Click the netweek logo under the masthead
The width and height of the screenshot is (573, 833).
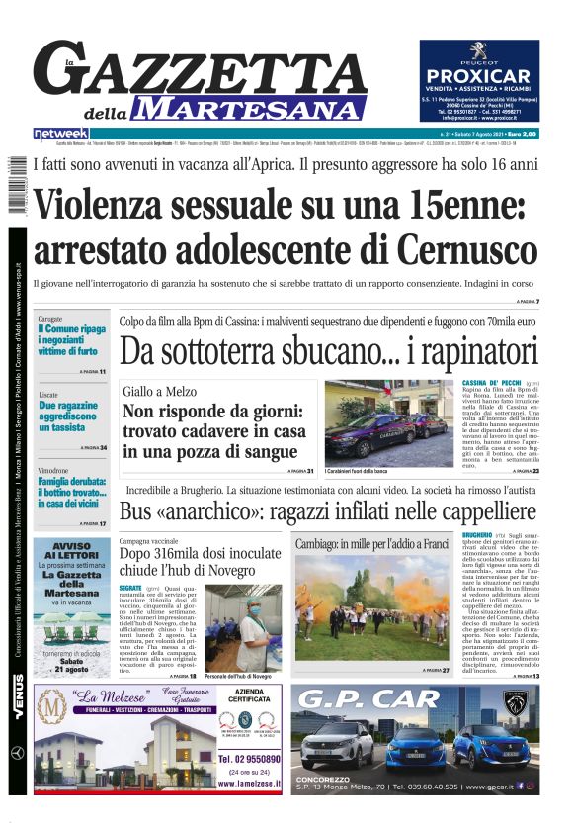[x=60, y=134]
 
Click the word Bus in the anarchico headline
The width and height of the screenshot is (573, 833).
[x=135, y=512]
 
